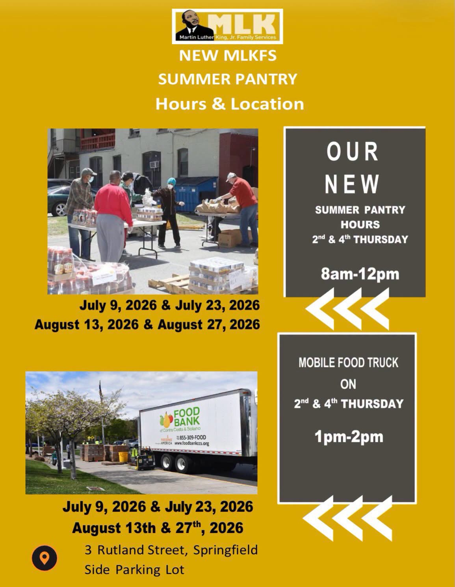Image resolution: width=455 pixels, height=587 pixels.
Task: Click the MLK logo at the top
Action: [x=227, y=26]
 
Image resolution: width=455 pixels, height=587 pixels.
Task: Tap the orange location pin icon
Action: [x=44, y=558]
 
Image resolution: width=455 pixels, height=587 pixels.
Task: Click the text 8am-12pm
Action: [x=360, y=274]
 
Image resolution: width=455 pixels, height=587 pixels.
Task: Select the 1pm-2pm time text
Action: [x=349, y=437]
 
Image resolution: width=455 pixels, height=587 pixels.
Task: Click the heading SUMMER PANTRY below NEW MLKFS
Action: [x=228, y=79]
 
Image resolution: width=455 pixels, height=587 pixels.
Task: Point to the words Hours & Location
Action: [x=230, y=104]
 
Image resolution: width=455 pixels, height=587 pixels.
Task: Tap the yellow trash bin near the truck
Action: [x=123, y=457]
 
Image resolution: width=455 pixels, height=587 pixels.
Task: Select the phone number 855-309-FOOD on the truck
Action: [x=193, y=438]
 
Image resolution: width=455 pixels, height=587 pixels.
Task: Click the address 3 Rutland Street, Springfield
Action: [x=171, y=550]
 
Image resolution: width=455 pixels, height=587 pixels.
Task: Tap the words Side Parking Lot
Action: [x=134, y=570]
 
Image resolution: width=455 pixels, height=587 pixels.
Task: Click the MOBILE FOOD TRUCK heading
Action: [x=348, y=363]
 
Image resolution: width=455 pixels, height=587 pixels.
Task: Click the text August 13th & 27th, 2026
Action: [x=158, y=528]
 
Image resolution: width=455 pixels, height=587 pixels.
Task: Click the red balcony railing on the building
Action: [x=98, y=141]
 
